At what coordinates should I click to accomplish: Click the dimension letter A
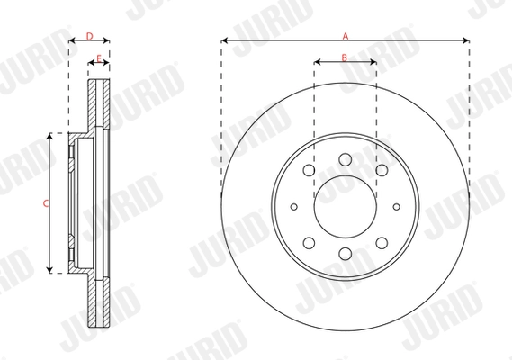(x=345, y=34)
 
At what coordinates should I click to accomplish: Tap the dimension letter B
(x=345, y=58)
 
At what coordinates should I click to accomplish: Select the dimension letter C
(x=45, y=203)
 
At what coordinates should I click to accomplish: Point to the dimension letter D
(x=89, y=35)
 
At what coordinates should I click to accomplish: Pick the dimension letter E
(x=98, y=58)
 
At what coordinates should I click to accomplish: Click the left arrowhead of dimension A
(x=224, y=40)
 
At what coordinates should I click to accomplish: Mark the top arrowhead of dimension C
(x=49, y=136)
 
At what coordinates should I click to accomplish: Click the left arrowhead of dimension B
(x=317, y=64)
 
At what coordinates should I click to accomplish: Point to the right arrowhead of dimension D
(x=106, y=40)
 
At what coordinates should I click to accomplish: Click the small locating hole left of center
(x=295, y=207)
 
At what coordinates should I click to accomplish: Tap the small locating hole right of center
(x=394, y=207)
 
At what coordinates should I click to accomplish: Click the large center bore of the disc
(x=345, y=207)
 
